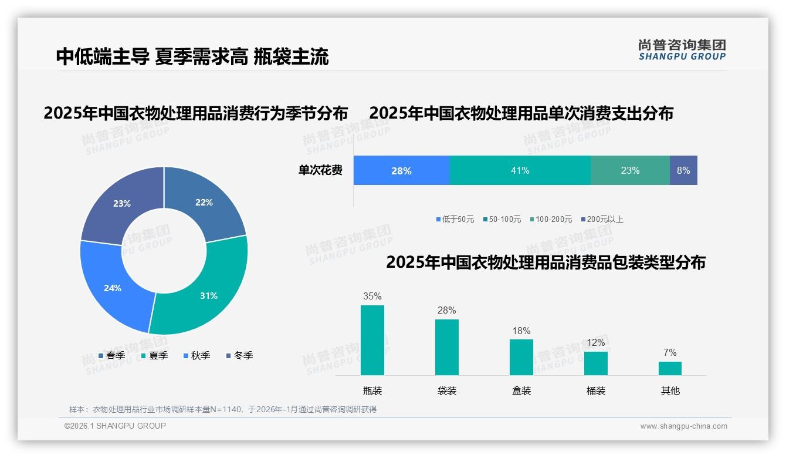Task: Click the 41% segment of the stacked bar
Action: (520, 170)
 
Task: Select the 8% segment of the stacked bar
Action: (683, 170)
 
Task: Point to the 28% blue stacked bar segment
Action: (401, 170)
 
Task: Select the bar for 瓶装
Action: (372, 340)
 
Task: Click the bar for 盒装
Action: (521, 357)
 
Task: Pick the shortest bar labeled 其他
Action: (670, 368)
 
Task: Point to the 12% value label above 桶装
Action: (595, 342)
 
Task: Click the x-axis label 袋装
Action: (447, 390)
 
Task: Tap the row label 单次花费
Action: (320, 170)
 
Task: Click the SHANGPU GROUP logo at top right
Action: (682, 50)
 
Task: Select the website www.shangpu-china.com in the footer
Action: (683, 426)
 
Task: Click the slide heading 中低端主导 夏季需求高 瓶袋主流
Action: (192, 56)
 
